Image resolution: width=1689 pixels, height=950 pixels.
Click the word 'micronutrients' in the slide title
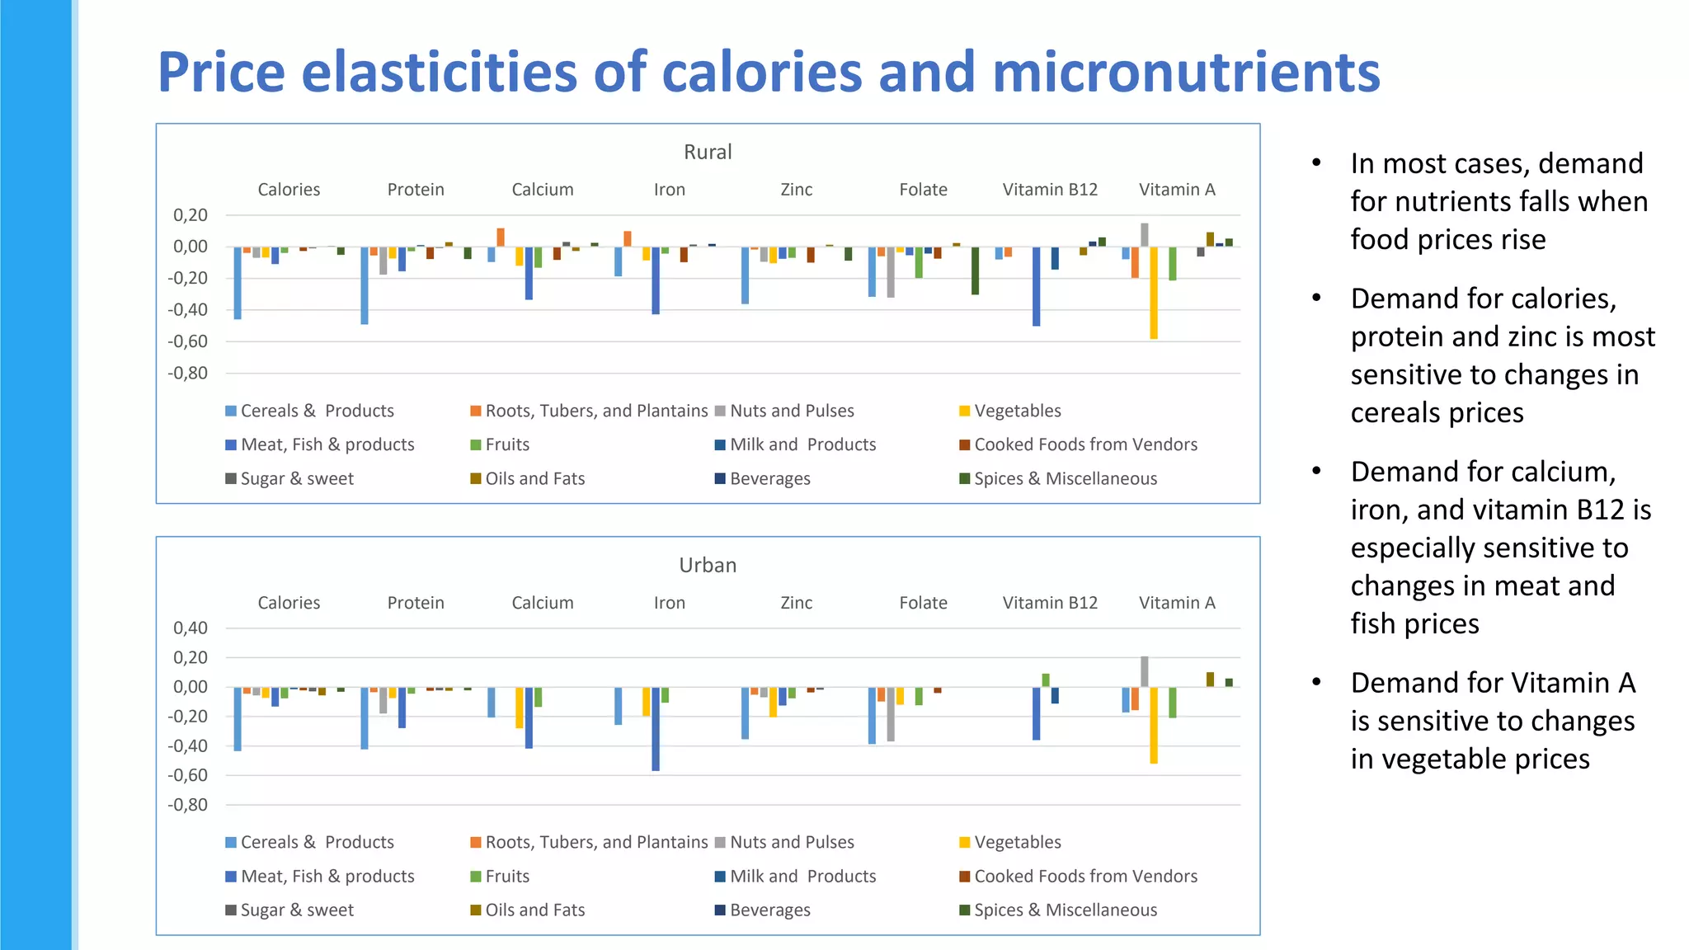point(1186,73)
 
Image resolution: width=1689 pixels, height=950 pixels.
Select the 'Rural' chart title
point(708,152)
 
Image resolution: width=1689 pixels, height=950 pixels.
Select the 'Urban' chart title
point(708,565)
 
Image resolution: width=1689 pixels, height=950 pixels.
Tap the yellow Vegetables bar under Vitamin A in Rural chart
point(1154,293)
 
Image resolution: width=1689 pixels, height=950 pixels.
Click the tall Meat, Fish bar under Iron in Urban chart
point(656,729)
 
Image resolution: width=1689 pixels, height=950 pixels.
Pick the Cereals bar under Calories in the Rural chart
point(238,283)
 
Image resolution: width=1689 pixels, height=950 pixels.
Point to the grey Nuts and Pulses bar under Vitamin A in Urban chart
point(1145,672)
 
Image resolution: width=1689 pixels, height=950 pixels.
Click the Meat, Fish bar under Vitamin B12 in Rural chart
point(1037,286)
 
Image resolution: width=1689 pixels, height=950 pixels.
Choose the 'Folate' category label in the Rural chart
point(923,190)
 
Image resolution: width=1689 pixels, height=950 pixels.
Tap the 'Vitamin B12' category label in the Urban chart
point(1050,603)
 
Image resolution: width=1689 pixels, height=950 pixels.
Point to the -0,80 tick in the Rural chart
point(188,374)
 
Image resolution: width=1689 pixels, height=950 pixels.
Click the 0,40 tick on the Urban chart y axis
point(191,628)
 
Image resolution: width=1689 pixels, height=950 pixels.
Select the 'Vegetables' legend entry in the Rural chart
point(1017,411)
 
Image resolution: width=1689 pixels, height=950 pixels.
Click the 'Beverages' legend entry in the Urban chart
point(769,910)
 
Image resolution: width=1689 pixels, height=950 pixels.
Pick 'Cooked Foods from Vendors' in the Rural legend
point(1085,444)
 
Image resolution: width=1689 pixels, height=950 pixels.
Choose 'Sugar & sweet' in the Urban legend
point(297,910)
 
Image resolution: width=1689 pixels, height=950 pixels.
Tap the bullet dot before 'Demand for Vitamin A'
point(1317,682)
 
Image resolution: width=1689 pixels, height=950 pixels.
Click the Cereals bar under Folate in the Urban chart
point(872,716)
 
